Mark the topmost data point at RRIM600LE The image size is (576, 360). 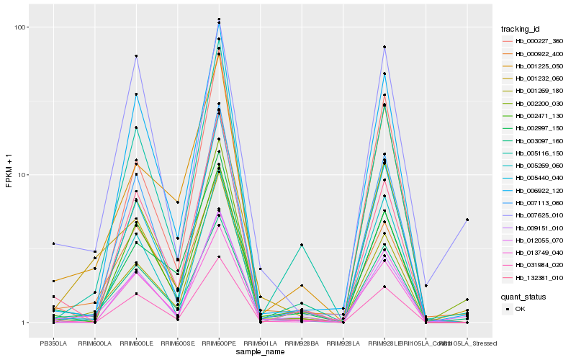pos(136,56)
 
